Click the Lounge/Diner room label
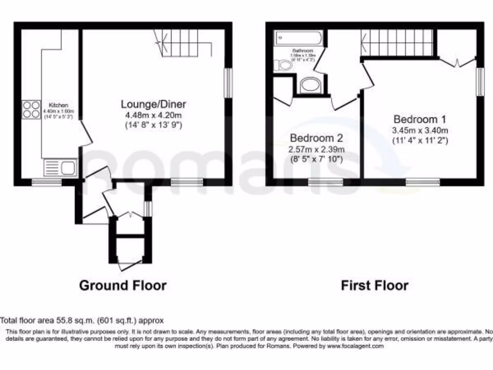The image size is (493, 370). [x=153, y=104]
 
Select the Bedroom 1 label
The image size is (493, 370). [x=420, y=119]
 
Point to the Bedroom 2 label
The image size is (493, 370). [x=315, y=136]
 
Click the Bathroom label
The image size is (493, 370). [x=303, y=51]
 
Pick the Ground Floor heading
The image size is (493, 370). [x=123, y=285]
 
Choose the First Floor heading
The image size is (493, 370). [x=375, y=285]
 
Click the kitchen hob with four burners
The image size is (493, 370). [x=31, y=109]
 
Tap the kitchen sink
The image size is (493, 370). [x=59, y=168]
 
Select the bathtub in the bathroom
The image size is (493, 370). [x=298, y=38]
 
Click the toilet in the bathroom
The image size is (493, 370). [x=282, y=66]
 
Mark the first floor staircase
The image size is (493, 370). [x=397, y=43]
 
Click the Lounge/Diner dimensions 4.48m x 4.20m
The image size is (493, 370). [x=153, y=115]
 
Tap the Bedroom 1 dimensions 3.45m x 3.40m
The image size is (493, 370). [x=420, y=130]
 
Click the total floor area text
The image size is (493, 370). [x=82, y=320]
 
